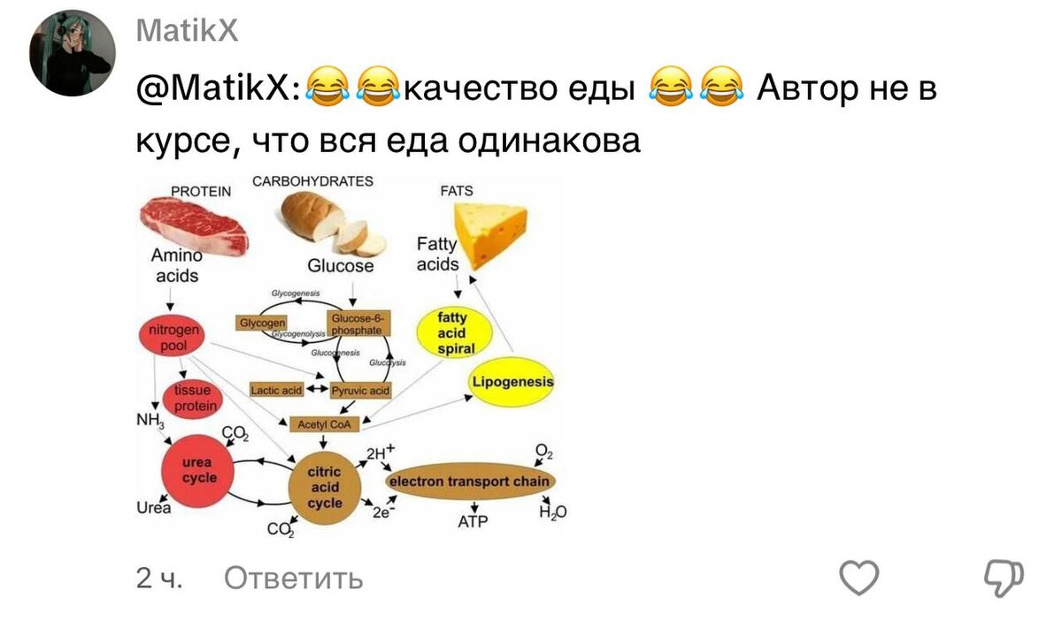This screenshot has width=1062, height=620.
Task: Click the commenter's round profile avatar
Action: (73, 53)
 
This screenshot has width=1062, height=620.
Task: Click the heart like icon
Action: (858, 578)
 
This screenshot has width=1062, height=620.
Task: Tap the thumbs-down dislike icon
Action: (1004, 578)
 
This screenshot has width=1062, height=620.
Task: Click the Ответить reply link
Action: (293, 578)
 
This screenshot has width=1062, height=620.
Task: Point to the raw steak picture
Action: (193, 225)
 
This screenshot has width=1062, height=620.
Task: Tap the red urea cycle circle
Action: (199, 471)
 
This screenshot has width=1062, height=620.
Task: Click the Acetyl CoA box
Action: (324, 425)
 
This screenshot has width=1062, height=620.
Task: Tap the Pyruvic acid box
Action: (360, 390)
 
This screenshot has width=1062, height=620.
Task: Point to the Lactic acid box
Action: (276, 390)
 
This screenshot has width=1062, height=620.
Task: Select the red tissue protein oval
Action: (194, 398)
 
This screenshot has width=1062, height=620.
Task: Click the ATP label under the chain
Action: (473, 523)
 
